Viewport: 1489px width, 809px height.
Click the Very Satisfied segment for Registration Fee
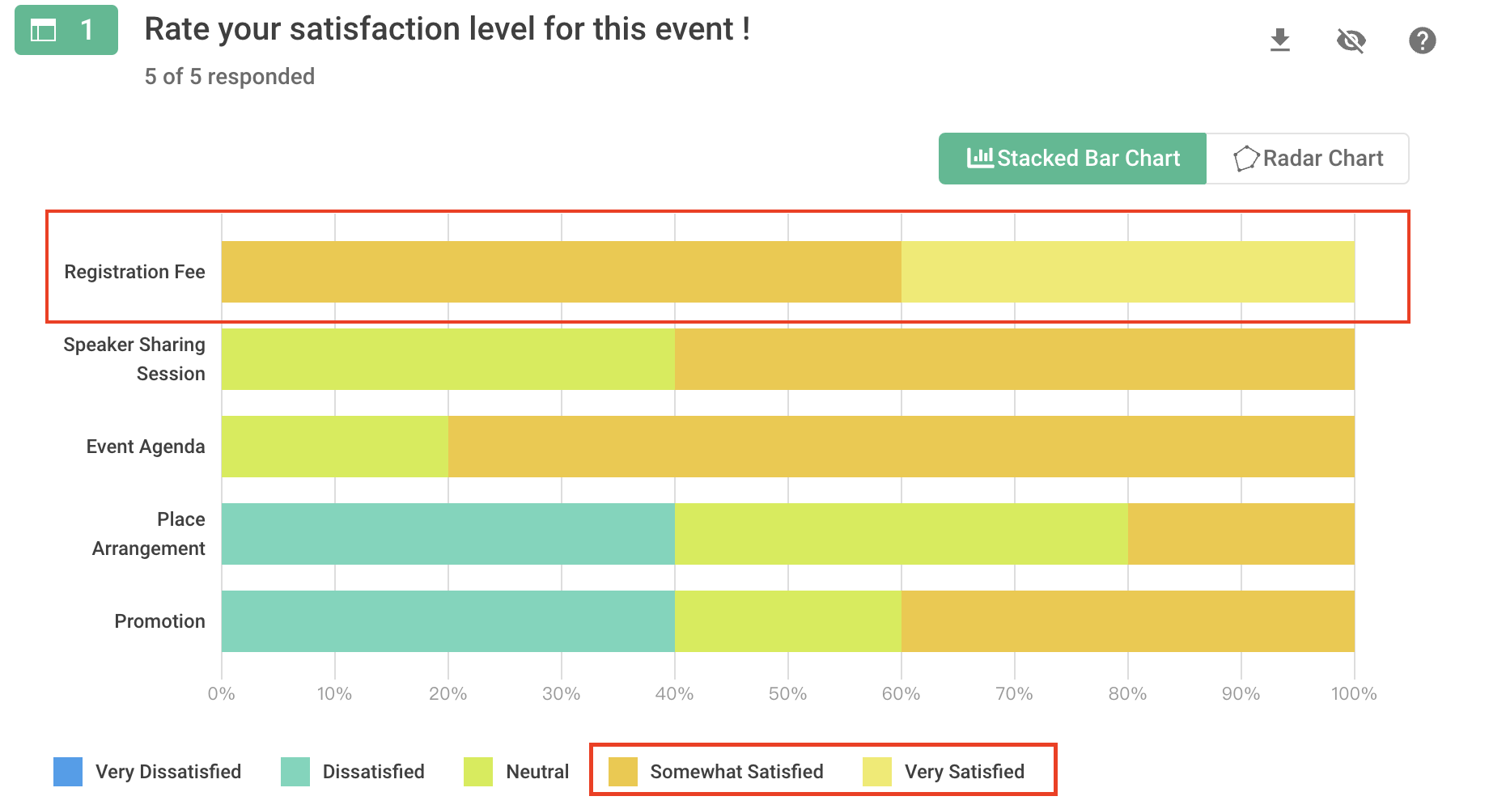coord(1127,272)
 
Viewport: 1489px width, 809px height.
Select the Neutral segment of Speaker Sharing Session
coord(448,359)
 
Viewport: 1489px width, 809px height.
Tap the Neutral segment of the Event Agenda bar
coord(334,447)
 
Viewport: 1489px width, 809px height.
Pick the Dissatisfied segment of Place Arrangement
coord(448,534)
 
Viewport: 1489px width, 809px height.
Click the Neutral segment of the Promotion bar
coord(787,621)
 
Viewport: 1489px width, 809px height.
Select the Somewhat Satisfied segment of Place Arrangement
coord(1241,534)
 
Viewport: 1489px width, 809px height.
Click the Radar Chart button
coord(1308,159)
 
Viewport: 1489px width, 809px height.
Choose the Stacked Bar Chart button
coord(1073,159)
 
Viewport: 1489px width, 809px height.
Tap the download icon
coord(1280,40)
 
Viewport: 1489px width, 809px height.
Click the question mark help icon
coord(1422,40)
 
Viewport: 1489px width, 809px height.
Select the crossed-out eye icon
coord(1351,40)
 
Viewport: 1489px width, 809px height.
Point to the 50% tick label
coord(787,694)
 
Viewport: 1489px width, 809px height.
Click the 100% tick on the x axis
coord(1354,694)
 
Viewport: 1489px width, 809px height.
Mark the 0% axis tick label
coord(221,694)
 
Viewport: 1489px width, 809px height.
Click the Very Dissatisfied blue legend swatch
coord(68,772)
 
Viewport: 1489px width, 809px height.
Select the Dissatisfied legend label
coord(373,772)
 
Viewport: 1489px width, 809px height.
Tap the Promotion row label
coord(159,621)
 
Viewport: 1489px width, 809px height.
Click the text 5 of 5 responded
coord(230,77)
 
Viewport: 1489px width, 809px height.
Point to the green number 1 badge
coord(66,30)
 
